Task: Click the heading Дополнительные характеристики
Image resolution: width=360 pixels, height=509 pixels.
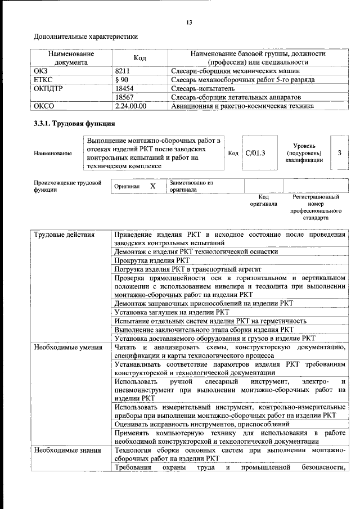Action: [x=85, y=37]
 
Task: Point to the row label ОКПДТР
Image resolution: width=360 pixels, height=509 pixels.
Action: [x=51, y=88]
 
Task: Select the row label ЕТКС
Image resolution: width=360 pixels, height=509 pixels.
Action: [x=44, y=80]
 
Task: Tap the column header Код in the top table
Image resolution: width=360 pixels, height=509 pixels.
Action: [x=139, y=58]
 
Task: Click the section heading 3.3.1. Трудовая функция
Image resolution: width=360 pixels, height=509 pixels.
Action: [x=75, y=123]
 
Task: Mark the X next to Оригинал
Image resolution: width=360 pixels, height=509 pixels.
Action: [x=152, y=186]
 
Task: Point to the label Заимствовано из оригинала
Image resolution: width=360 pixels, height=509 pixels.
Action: [x=191, y=186]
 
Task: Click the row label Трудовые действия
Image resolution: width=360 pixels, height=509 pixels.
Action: [x=64, y=234]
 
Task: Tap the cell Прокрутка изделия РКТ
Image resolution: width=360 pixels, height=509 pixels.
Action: [x=152, y=261]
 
